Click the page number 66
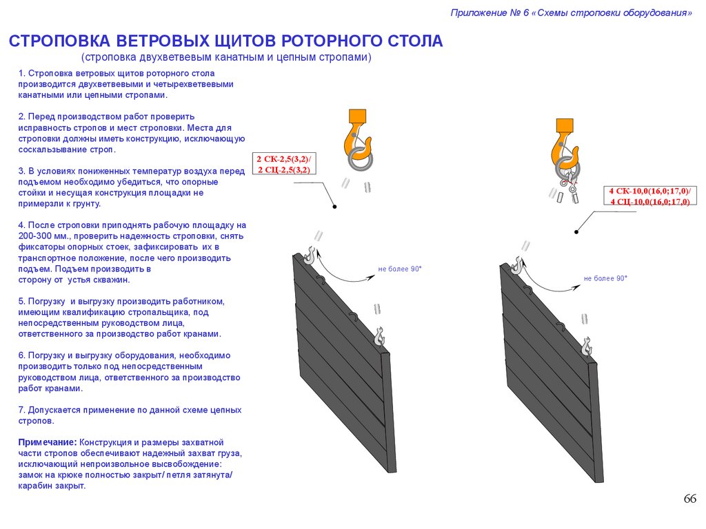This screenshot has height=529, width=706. coord(689,499)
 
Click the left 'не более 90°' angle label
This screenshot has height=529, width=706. coord(399,269)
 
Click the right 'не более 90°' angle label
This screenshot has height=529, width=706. coord(605,278)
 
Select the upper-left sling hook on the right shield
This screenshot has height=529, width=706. coord(517,263)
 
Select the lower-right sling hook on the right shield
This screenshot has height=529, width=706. coord(586,345)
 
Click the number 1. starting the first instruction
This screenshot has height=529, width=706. coord(22,73)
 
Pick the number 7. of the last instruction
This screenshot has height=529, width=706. coord(22,410)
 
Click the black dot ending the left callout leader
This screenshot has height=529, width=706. coord(334,207)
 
